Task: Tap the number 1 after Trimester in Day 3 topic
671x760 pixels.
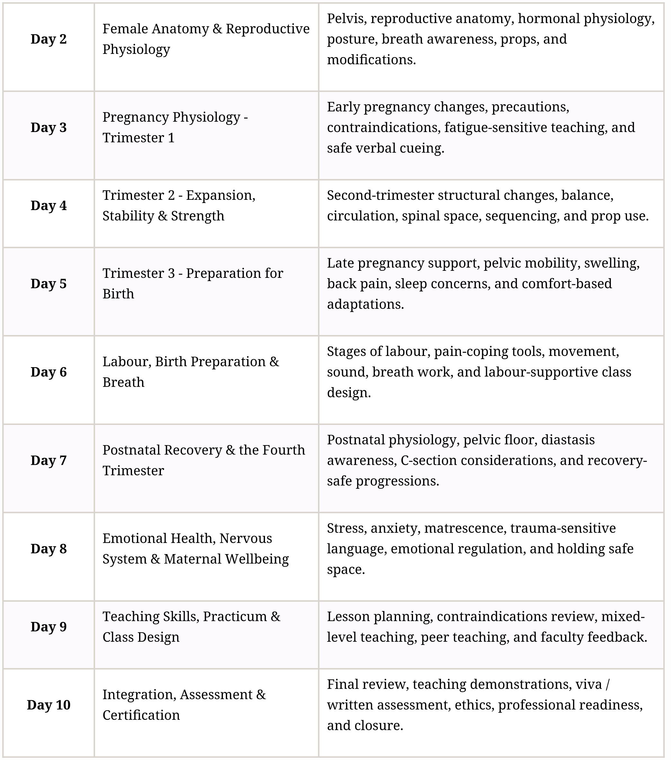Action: pos(171,138)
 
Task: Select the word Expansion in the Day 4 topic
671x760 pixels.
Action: pos(220,196)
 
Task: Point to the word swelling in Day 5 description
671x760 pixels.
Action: pos(612,263)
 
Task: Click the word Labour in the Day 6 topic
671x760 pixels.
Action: pos(126,362)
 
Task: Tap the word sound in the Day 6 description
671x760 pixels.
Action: pos(347,372)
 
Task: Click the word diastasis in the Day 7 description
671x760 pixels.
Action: pos(568,440)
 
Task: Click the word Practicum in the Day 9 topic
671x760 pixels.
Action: pos(234,616)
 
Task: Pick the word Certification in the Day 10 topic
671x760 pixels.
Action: pos(141,715)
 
